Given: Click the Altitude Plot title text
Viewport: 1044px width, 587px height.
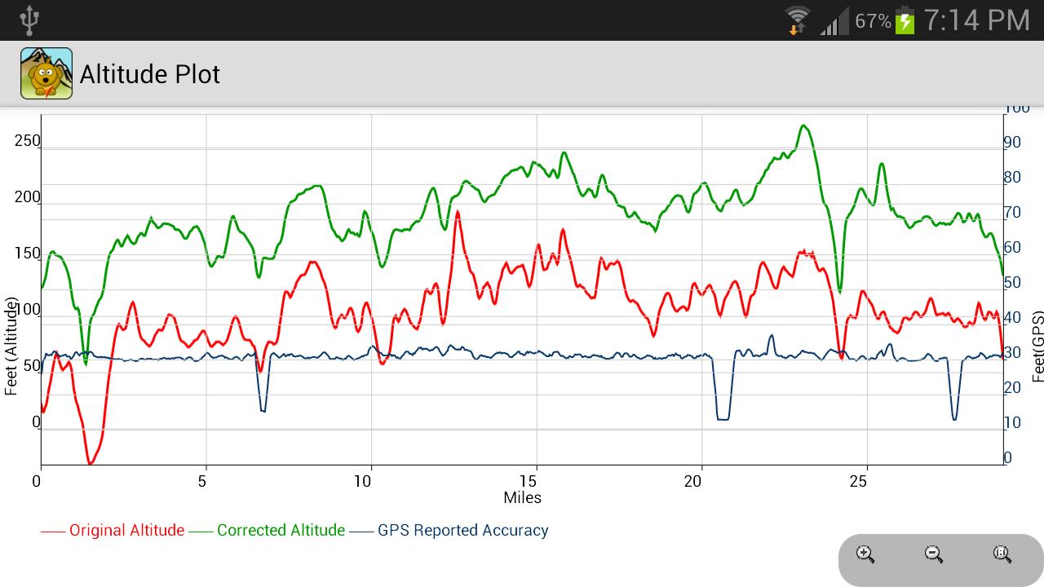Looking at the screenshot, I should click(x=150, y=74).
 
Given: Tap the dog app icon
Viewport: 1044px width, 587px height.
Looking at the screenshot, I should click(x=46, y=73).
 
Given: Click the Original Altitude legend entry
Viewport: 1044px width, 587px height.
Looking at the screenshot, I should click(x=126, y=531).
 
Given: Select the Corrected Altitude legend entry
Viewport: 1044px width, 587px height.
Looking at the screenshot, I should click(x=281, y=531).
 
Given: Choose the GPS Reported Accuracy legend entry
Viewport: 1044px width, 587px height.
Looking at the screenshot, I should click(x=462, y=531).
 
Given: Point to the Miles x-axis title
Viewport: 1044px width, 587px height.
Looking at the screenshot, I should click(x=522, y=497).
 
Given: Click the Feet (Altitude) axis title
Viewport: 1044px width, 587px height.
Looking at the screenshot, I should click(x=11, y=346).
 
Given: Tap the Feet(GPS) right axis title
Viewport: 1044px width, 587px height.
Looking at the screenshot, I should click(x=1037, y=346).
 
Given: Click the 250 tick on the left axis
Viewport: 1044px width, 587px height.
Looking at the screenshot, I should click(x=27, y=141).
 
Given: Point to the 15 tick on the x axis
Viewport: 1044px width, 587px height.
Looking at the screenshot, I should click(x=529, y=481).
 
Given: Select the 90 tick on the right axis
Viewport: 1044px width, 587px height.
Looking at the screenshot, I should click(x=1011, y=143).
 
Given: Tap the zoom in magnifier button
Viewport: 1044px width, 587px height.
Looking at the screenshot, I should click(x=865, y=555).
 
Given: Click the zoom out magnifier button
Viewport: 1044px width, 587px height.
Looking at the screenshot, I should click(x=934, y=555).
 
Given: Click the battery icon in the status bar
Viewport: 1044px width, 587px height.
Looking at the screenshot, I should click(x=905, y=20).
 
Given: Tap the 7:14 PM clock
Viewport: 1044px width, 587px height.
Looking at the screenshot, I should click(x=976, y=20).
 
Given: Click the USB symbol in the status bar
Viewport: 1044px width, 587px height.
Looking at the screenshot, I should click(x=29, y=20).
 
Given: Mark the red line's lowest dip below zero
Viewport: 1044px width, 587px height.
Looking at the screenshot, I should click(x=91, y=463).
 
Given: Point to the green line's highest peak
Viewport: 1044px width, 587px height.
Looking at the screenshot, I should click(x=804, y=126).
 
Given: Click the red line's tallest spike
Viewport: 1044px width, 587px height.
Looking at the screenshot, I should click(x=458, y=212).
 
